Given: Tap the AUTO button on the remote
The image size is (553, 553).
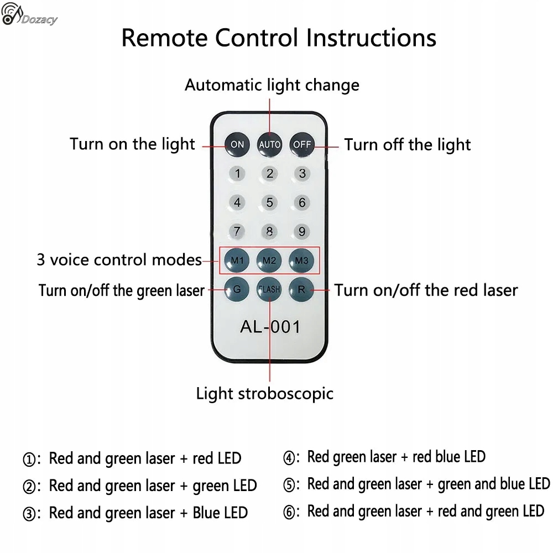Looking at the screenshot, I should tap(270, 144).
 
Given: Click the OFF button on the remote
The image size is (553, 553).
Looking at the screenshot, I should tap(302, 144).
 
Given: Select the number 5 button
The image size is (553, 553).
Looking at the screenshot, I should tap(270, 202).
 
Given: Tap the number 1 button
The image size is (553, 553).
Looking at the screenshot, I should tap(237, 174).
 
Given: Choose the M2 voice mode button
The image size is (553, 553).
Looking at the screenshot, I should tap(270, 260).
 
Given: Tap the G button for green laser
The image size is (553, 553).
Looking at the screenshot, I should tap(237, 289).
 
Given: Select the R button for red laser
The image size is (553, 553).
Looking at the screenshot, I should tap(302, 289).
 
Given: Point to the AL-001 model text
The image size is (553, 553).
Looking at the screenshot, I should tap(270, 326).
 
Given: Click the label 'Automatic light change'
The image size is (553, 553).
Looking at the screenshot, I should tap(272, 85).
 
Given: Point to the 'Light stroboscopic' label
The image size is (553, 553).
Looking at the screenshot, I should tap(265, 393).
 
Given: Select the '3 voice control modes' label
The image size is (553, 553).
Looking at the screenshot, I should tap(119, 259).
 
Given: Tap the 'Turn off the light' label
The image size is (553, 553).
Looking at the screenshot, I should tap(408, 144).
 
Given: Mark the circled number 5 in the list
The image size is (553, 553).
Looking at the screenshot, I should tap(289, 485).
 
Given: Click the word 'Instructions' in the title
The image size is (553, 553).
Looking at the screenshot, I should tap(371, 38).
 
